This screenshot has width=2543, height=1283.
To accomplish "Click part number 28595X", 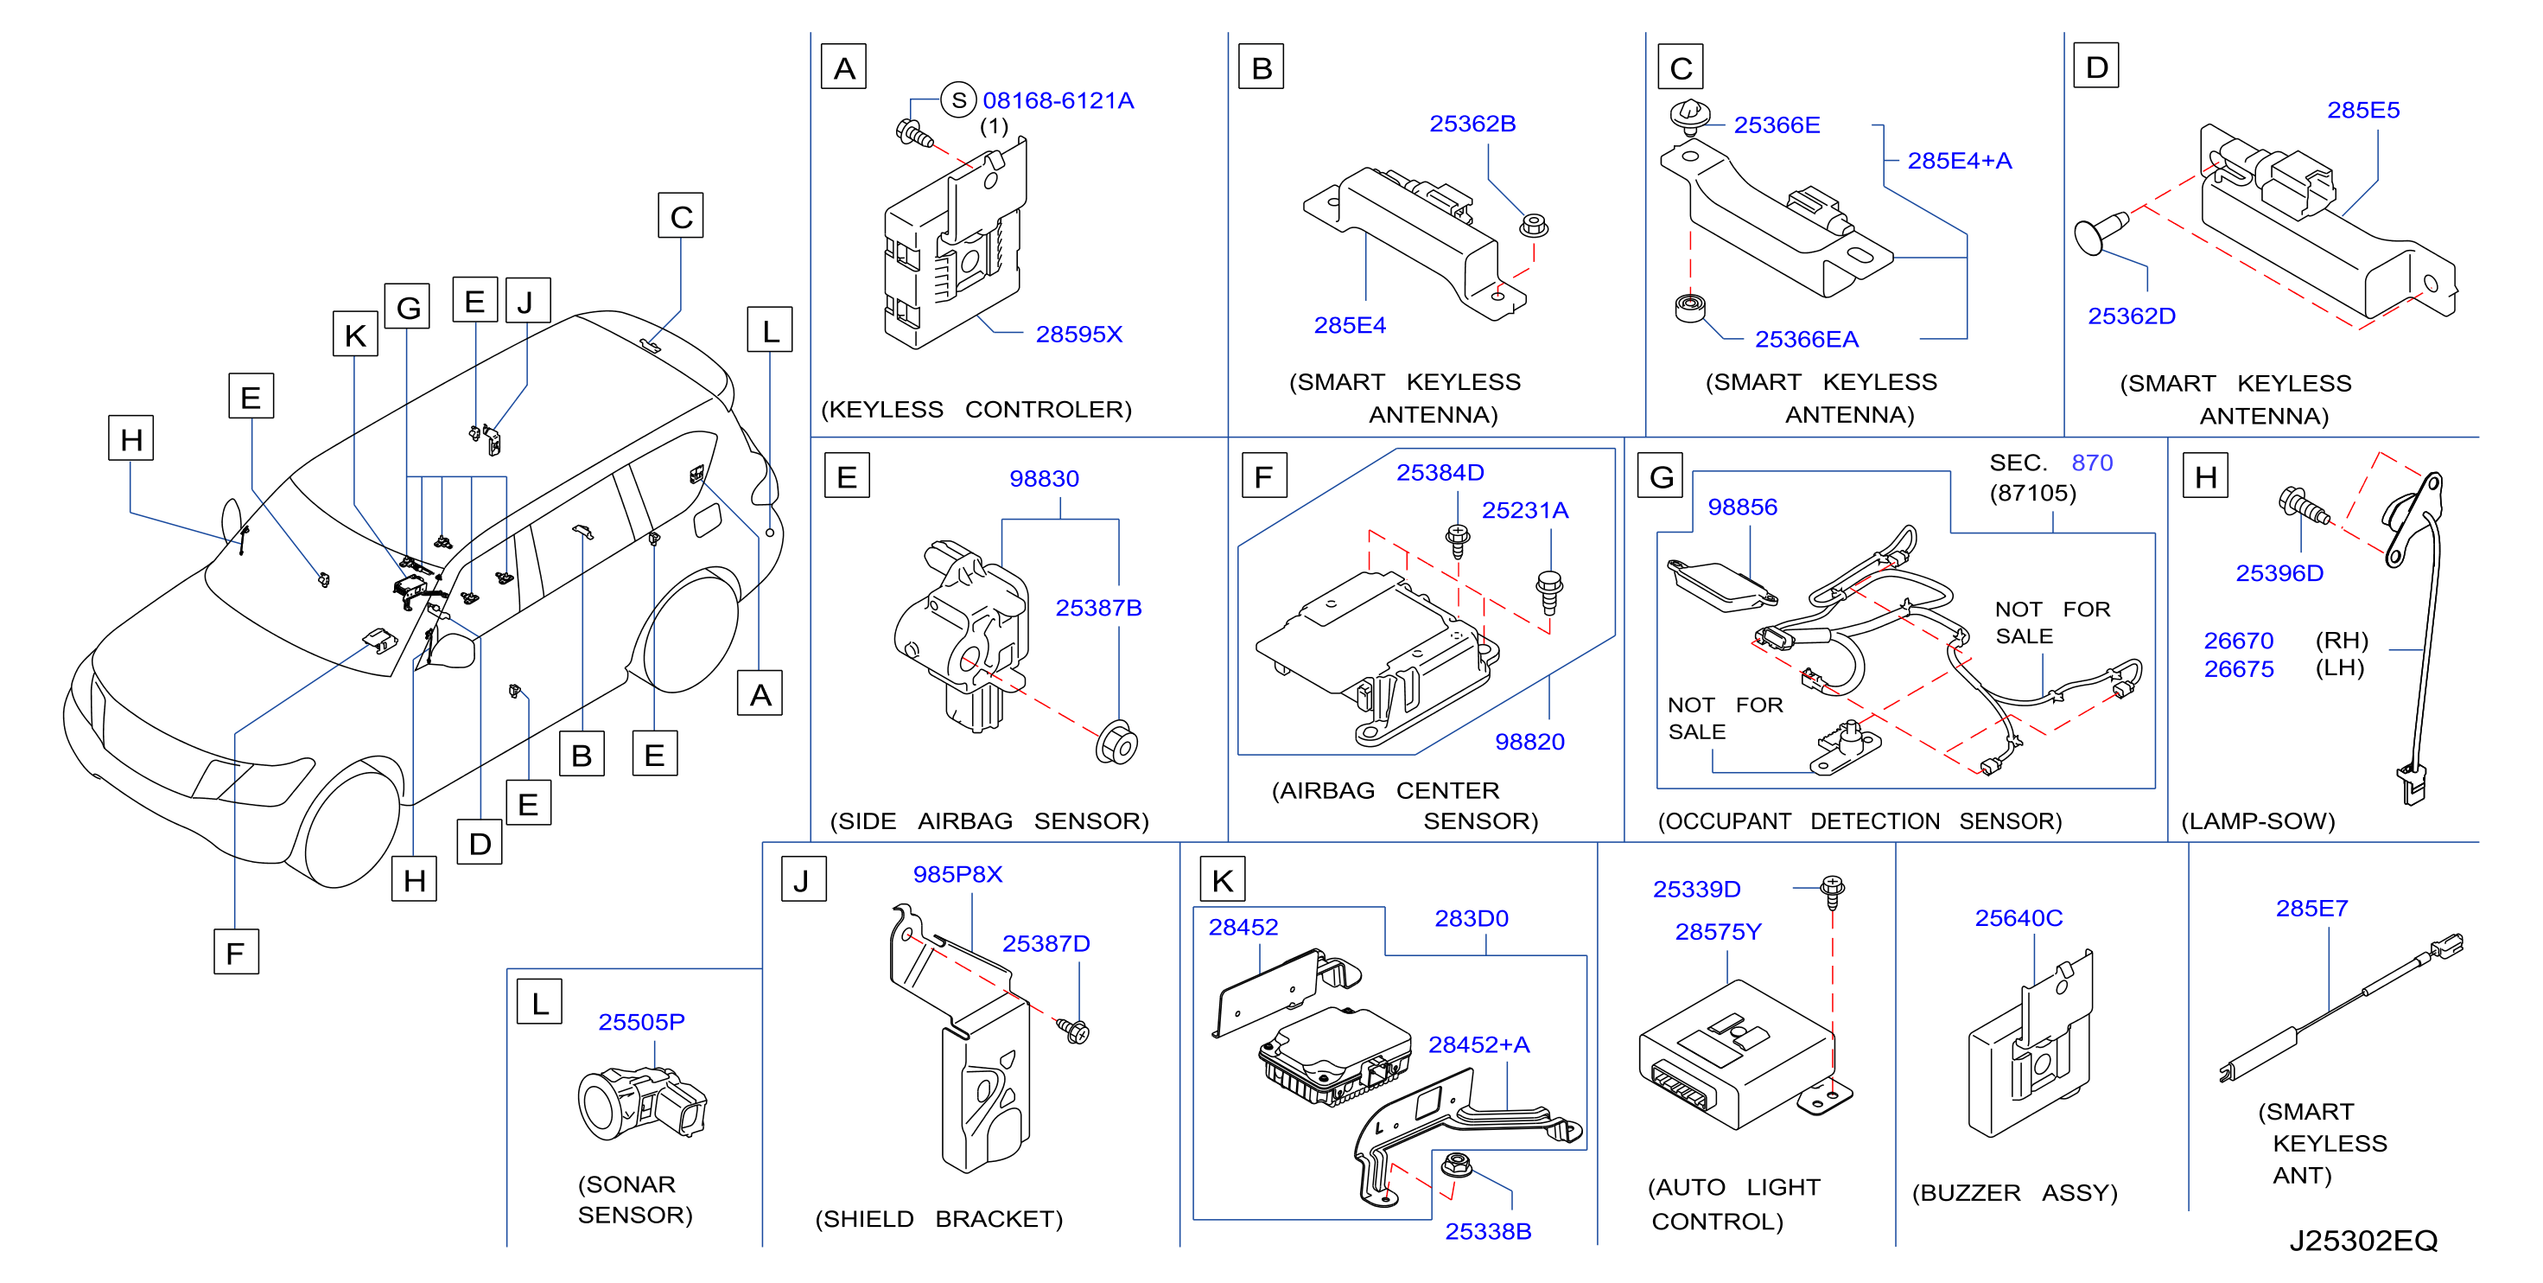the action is pos(1078,334).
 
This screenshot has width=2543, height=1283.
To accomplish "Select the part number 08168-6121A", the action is pos(1058,101).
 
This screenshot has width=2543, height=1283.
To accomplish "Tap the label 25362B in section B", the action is pos(1472,124).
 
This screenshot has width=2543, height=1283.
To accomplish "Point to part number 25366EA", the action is pos(1806,339).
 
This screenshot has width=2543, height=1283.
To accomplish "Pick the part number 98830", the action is pos(1044,478).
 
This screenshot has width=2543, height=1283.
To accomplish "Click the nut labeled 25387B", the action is pos(1116,743).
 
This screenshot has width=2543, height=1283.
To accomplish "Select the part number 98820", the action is pos(1529,741).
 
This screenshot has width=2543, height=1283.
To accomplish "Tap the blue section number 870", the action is pos(2092,463).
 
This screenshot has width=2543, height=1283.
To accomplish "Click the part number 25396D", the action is pos(2279,573).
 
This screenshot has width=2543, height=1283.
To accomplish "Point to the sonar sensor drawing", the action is pos(642,1103).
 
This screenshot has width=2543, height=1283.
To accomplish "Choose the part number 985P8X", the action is pos(957,874).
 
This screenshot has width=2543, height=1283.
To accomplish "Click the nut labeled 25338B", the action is pos(1456,1165).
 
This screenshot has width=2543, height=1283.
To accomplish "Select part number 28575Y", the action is pos(1718,931).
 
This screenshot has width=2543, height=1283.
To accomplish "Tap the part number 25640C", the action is pos(2018,917).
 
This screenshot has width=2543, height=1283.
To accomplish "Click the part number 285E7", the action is pos(2311,908).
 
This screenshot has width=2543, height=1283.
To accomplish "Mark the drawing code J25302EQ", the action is pos(2362,1241).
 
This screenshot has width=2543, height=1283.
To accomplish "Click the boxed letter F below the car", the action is pos(236,952).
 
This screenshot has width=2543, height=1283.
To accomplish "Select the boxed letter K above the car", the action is pos(355,334).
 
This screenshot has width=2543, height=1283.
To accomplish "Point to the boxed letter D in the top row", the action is pos(2095,67).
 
